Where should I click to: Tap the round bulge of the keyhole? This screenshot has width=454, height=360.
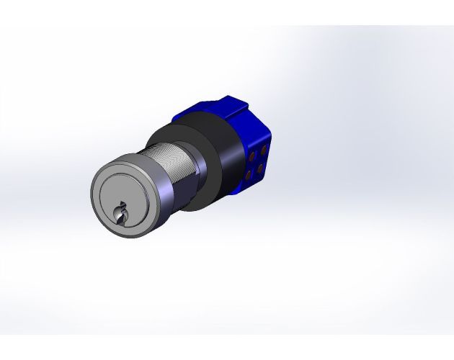[x=118, y=212]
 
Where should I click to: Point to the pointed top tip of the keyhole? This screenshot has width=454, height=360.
[x=123, y=202]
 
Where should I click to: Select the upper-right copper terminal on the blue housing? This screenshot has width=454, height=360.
[x=263, y=150]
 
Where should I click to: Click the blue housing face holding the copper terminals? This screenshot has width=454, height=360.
[x=257, y=162]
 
